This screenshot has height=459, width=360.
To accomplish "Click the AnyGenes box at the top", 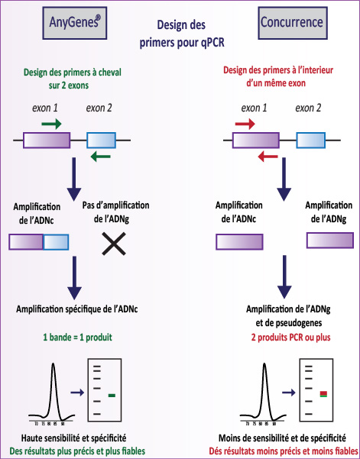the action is (x=75, y=23).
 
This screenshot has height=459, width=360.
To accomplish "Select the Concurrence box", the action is (x=293, y=23).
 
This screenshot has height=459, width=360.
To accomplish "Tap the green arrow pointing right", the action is (x=51, y=124).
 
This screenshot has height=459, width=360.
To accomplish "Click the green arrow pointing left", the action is (x=100, y=157).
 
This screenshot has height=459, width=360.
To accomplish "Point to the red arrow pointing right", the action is (x=245, y=124).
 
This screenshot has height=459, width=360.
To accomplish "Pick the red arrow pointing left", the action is (x=268, y=157).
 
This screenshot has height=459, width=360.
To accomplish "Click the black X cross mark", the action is (x=114, y=244).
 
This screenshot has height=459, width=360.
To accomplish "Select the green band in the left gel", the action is (x=112, y=396).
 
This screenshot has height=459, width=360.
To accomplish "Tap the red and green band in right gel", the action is (x=323, y=394).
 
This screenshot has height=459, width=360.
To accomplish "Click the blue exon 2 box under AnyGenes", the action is (x=102, y=141).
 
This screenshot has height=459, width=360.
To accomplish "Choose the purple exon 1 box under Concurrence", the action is (x=256, y=141).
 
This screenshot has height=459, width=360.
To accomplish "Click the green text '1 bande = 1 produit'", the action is (x=78, y=338).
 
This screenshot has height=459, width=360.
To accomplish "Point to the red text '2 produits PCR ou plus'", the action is (x=291, y=338).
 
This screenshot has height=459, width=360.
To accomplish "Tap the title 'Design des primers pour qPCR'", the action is (x=182, y=34).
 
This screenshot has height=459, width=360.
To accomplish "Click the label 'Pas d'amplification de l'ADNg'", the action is (x=115, y=212).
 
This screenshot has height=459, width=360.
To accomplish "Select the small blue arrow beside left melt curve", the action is (x=77, y=393).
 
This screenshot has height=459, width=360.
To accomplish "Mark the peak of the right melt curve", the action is (x=264, y=364).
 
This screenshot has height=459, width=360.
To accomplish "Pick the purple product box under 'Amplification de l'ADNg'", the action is (x=330, y=241).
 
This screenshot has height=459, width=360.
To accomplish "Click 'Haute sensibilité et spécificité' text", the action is (x=74, y=438).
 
